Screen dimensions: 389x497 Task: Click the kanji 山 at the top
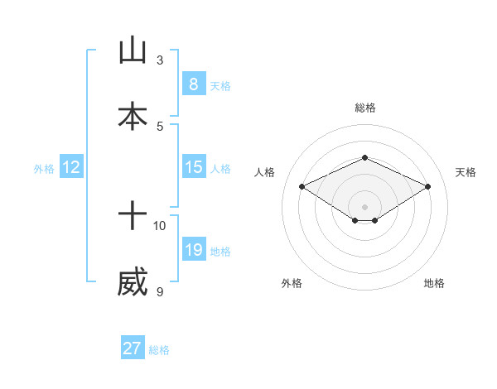133,50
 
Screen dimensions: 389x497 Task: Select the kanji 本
133,116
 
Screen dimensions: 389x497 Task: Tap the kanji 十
133,218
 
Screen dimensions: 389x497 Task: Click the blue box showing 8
193,84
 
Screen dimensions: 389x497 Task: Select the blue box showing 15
193,167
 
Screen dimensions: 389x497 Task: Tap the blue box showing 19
193,250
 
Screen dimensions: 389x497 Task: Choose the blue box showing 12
70,167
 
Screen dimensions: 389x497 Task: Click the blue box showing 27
133,348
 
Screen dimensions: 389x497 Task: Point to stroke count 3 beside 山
160,60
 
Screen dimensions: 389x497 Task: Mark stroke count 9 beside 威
160,291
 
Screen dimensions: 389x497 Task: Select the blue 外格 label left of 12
44,168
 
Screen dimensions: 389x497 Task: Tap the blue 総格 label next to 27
159,349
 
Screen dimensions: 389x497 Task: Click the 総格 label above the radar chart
365,108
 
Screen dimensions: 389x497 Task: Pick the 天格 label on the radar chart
466,172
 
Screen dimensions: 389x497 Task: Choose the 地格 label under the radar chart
434,283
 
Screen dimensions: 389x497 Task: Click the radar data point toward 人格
302,186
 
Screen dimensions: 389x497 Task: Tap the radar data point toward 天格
427,186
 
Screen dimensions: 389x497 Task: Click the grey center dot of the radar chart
365,206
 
